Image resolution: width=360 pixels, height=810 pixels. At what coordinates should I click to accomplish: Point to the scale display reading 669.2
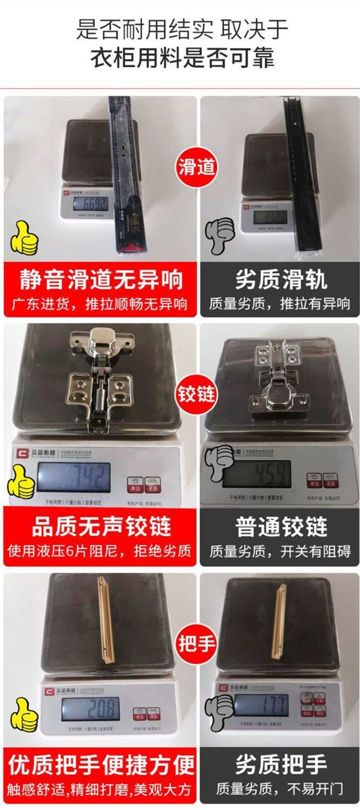click(91, 204)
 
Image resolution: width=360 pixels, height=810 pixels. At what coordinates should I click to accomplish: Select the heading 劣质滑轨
click(281, 280)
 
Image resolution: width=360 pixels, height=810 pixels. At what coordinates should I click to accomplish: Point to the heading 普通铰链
click(281, 527)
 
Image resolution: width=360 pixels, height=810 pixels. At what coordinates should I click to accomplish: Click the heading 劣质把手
click(281, 765)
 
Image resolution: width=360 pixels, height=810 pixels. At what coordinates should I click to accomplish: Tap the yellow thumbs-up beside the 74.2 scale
click(21, 481)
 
